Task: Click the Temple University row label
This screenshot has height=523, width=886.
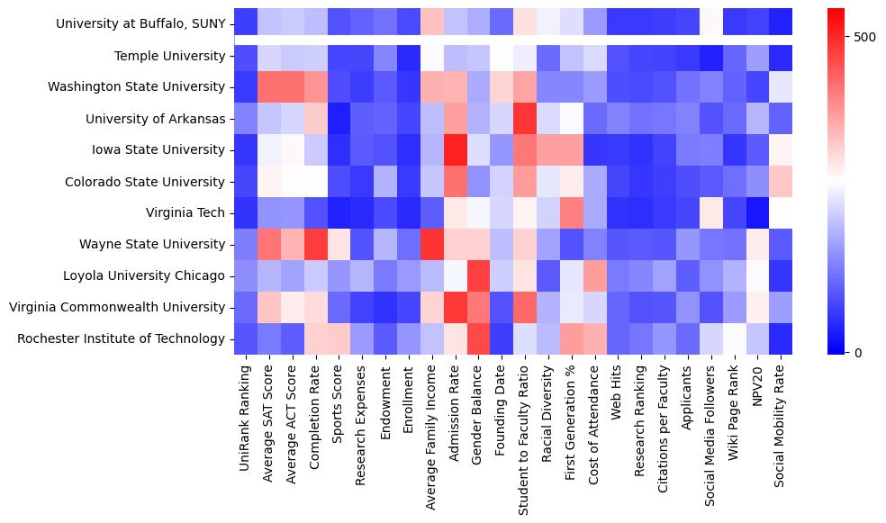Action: click(x=169, y=57)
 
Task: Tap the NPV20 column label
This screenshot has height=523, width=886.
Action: click(x=756, y=387)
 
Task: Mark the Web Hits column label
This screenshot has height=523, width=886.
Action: click(x=617, y=392)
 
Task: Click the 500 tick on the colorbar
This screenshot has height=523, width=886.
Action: click(x=865, y=37)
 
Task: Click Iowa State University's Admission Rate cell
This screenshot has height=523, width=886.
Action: click(x=454, y=150)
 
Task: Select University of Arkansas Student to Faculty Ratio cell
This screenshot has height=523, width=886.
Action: click(x=524, y=119)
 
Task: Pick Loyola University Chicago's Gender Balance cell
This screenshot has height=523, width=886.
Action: click(x=477, y=275)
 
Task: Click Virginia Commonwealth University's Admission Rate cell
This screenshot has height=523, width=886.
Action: click(x=454, y=307)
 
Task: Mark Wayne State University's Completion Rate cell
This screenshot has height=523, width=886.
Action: click(x=315, y=244)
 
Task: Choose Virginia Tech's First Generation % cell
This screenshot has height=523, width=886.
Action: click(x=571, y=212)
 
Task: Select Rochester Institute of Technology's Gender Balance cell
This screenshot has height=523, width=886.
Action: click(x=477, y=338)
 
